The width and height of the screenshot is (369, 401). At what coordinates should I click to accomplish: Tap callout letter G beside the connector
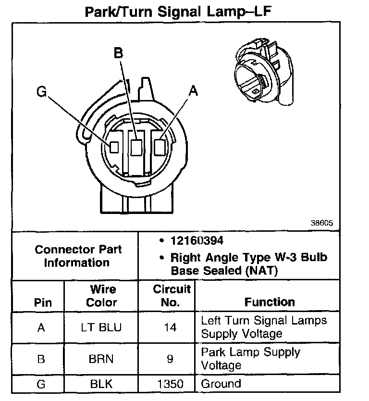(42, 91)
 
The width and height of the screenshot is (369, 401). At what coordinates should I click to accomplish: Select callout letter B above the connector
(119, 52)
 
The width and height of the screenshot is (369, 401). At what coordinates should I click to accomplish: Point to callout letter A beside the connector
(193, 91)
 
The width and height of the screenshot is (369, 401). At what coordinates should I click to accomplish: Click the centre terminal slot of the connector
(136, 147)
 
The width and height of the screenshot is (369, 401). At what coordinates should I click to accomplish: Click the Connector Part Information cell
(78, 256)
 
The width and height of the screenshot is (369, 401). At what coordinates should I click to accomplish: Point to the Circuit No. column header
(172, 296)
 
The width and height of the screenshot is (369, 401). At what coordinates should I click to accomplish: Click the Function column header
(270, 302)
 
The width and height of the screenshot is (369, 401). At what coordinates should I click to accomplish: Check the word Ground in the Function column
(221, 384)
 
